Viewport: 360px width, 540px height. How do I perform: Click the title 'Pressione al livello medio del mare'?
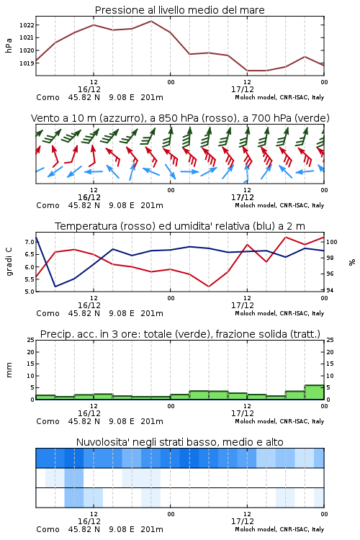[179, 10]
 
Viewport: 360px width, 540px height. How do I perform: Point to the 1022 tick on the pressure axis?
[27, 24]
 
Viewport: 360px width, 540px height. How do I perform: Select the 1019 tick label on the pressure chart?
[27, 63]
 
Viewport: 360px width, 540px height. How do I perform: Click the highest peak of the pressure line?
[151, 21]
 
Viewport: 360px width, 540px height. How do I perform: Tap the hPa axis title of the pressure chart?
[9, 45]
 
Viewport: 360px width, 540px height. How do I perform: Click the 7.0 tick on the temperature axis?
[30, 242]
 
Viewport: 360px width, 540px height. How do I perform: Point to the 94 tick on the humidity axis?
[330, 290]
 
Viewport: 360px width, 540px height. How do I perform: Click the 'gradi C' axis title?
[9, 261]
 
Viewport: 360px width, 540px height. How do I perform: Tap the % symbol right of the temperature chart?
[352, 262]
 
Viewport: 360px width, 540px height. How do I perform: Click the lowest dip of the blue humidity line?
[55, 286]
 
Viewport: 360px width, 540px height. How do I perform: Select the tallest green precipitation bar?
[315, 392]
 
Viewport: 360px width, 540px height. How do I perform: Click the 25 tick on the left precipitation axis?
[31, 340]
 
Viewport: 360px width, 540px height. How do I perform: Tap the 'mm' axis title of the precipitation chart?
[9, 369]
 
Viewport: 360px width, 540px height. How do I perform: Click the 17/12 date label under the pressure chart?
[243, 89]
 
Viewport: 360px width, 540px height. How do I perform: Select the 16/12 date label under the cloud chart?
[89, 521]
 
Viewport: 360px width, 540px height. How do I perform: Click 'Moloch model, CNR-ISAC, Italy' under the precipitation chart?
[279, 421]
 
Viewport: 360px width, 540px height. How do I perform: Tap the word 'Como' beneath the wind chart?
[48, 206]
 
